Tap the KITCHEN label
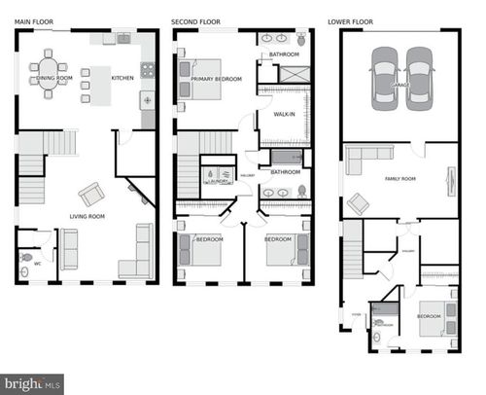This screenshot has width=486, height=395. (x=121, y=78)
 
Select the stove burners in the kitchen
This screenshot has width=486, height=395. (x=148, y=70)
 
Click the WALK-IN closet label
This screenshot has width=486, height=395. (x=285, y=114)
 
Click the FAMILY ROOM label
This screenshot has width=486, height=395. (x=399, y=178)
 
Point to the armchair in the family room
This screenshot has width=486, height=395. (x=358, y=204)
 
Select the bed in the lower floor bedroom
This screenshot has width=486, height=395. (x=428, y=320)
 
